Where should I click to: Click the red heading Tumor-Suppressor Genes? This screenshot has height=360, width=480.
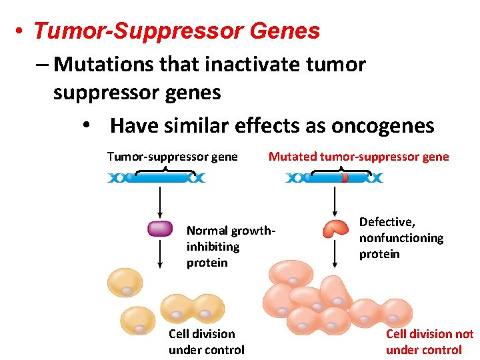(x=177, y=31)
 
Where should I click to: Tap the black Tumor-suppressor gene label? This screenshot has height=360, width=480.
(x=172, y=157)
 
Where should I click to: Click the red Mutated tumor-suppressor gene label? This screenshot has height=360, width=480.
(x=359, y=157)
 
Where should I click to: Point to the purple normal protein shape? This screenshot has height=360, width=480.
(x=159, y=229)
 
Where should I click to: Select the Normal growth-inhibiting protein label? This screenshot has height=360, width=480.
(x=230, y=247)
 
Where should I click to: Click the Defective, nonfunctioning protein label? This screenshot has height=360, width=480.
(x=401, y=238)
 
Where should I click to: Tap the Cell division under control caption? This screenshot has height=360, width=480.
(x=206, y=341)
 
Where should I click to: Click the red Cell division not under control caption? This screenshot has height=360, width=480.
(x=429, y=341)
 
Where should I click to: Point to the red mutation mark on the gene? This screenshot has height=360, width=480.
(x=345, y=178)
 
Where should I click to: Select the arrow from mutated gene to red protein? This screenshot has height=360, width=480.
(x=334, y=201)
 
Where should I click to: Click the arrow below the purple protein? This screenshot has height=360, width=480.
(x=159, y=254)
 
